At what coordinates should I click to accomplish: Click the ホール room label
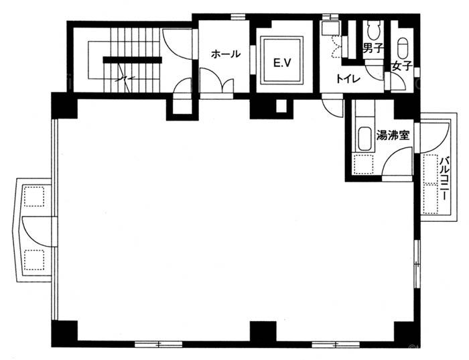pos(226,54)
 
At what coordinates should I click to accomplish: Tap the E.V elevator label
pos(282,63)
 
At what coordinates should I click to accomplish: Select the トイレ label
pos(348,79)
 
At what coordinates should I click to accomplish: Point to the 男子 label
pos(373,48)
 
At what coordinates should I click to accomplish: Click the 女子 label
pos(402,66)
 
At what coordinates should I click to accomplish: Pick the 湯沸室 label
pos(393,136)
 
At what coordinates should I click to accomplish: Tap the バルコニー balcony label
pos(444,178)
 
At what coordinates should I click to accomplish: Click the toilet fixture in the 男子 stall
pos(373,31)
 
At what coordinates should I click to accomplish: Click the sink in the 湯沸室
pos(364,139)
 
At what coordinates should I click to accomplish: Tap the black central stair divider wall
pos(132,60)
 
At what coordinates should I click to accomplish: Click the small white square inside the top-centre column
pos(281,106)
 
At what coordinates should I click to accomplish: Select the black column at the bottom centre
pos(263,331)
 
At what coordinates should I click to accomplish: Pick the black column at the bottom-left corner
pos(64,334)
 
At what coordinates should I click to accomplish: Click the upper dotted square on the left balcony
pos(34,196)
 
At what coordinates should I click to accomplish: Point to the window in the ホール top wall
pos(238,17)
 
